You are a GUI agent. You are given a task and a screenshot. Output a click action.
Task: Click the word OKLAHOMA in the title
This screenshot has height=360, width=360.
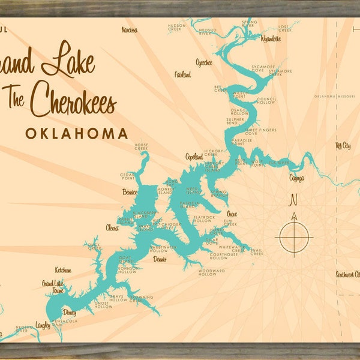point(77,133)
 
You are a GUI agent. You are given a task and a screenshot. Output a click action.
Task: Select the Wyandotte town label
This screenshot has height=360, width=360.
point(254,39)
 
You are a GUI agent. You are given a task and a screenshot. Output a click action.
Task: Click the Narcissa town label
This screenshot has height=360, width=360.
point(129,30)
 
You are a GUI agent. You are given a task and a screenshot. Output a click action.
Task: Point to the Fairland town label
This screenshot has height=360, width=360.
point(182,75)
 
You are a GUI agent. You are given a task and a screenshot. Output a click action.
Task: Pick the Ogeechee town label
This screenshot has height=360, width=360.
point(205,62)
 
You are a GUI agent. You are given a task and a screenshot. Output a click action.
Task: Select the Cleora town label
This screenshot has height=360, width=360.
point(112,228)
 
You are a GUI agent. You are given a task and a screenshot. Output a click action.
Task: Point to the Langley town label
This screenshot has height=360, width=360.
point(43,325)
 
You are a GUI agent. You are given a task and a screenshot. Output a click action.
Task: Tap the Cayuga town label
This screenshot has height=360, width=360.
point(296,178)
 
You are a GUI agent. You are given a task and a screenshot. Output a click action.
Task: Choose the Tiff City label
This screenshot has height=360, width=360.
point(343,146)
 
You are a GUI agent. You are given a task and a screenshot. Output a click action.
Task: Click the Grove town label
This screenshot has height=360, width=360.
point(232,214)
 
